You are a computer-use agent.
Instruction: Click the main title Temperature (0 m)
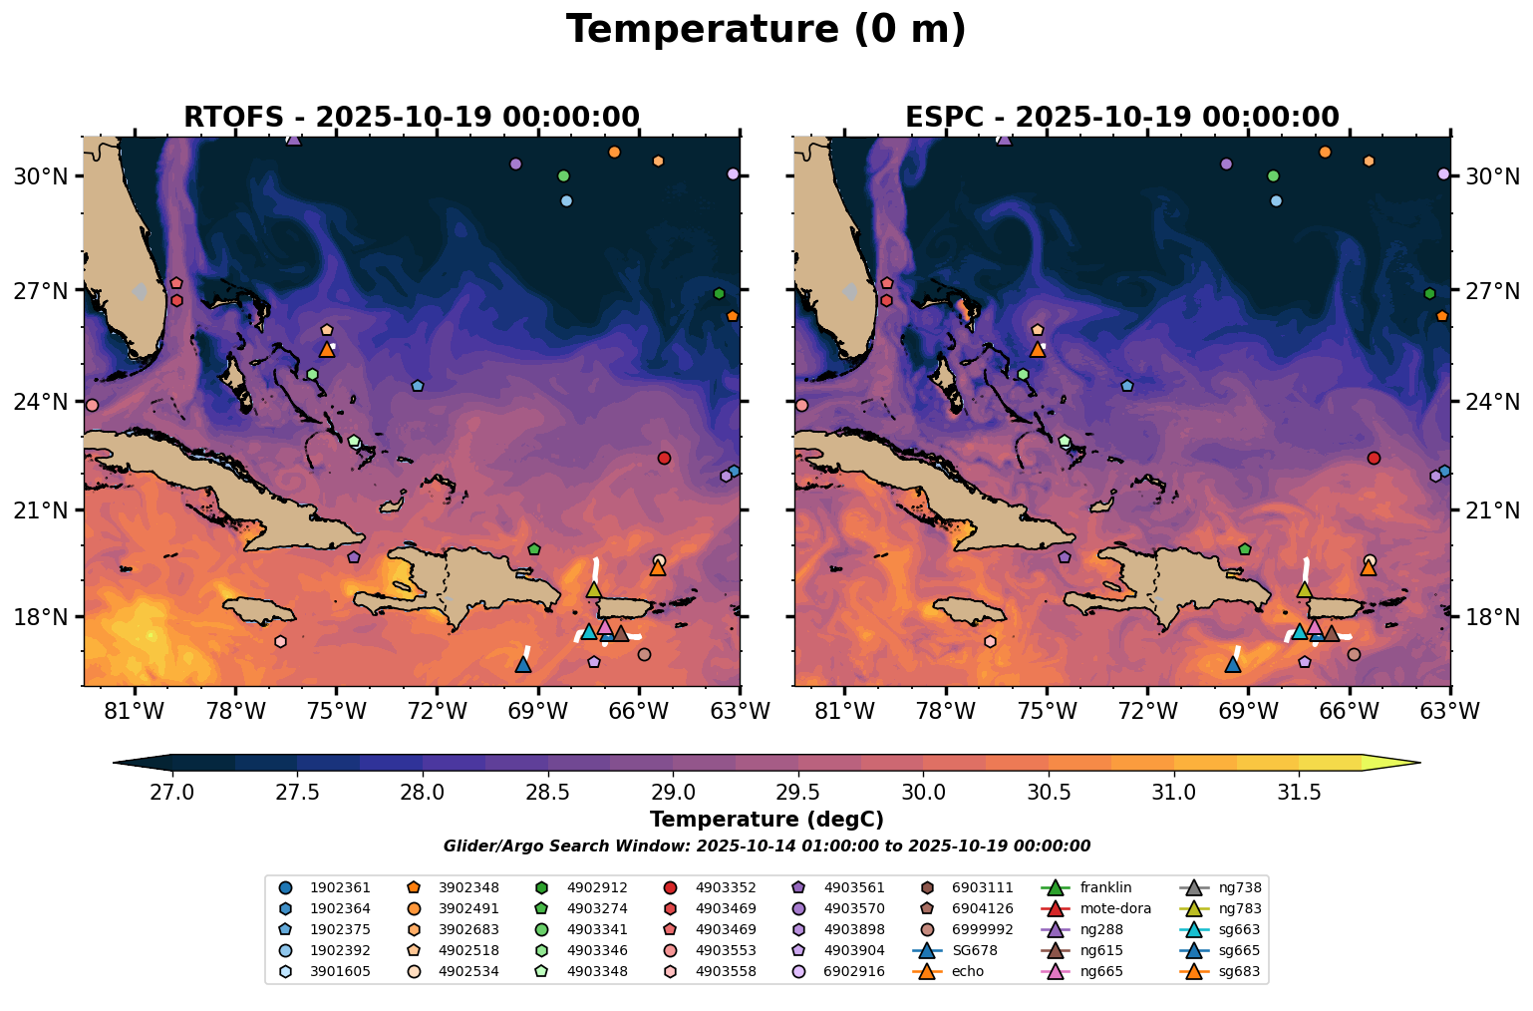tap(766, 30)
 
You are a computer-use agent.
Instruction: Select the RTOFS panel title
tap(411, 118)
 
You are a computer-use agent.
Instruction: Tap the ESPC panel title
tap(1121, 118)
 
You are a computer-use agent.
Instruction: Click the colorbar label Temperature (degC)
tap(766, 821)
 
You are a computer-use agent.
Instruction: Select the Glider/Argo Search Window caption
tap(766, 846)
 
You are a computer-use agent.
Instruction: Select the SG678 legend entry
tap(973, 950)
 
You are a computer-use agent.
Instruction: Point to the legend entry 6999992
tap(981, 929)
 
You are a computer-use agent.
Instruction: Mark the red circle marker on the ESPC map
tap(1374, 458)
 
